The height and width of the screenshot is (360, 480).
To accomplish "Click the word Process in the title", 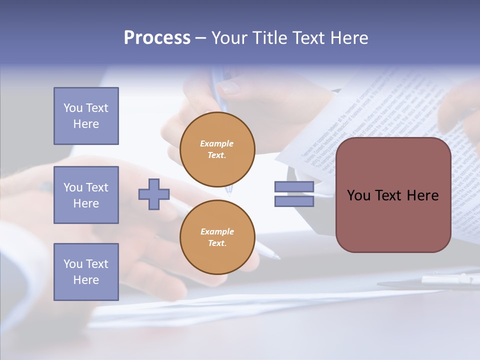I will [x=157, y=38].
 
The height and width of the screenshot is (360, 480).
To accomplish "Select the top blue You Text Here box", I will [x=86, y=116].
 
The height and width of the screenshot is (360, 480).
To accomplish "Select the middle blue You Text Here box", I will [x=86, y=195].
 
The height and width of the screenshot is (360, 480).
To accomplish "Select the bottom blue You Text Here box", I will [x=86, y=271].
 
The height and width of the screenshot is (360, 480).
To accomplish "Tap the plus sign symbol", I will [x=154, y=194].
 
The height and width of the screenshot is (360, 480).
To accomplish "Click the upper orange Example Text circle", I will [x=217, y=149].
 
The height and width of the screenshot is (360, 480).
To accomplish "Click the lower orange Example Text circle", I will [x=217, y=237].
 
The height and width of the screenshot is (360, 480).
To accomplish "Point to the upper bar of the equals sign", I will [x=294, y=186].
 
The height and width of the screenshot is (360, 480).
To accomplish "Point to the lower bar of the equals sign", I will [x=294, y=201].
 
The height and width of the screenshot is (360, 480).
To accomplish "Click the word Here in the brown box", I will [x=422, y=195].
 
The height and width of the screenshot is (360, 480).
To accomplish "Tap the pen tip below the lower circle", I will [x=274, y=255].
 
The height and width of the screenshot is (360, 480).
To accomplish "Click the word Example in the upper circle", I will [x=217, y=143].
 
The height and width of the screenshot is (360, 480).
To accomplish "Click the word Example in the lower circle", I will [x=217, y=231].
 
